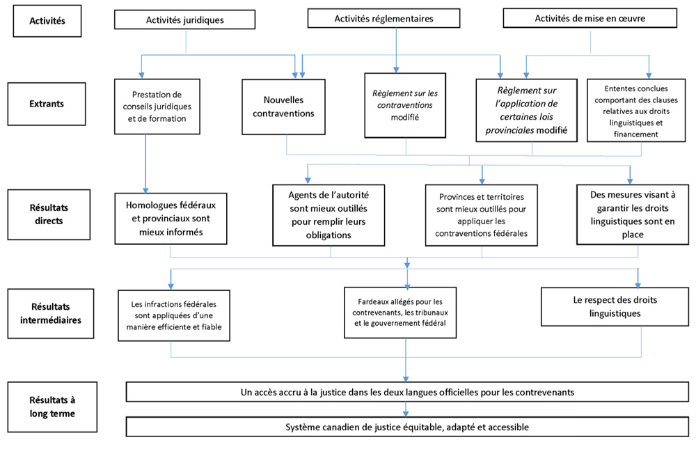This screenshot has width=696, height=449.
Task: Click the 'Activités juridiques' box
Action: click(184, 19)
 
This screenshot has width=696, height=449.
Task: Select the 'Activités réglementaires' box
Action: click(383, 19)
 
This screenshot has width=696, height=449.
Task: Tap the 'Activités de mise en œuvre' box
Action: click(590, 18)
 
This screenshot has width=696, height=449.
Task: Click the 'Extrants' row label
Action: click(47, 104)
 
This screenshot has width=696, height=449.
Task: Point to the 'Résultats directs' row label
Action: click(49, 214)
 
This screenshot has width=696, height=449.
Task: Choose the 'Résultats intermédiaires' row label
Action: click(51, 313)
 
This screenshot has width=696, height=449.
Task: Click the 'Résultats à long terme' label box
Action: click(52, 407)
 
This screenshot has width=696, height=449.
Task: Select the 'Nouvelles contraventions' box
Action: click(283, 107)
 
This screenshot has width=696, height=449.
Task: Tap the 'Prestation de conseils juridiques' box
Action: click(157, 107)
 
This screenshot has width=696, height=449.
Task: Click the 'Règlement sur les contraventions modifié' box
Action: click(405, 105)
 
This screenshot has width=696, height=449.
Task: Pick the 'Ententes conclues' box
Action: click(636, 111)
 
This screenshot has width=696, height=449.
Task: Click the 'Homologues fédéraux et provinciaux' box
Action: click(171, 219)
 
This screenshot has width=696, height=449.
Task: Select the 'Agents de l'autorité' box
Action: click(329, 215)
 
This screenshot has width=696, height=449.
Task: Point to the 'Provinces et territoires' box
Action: click(481, 215)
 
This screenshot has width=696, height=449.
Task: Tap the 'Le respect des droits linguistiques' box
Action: click(615, 306)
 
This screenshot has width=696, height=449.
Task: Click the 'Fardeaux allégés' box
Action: click(400, 313)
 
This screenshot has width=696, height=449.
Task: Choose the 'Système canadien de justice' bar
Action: click(407, 427)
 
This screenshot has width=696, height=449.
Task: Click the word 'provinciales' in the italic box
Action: click(509, 130)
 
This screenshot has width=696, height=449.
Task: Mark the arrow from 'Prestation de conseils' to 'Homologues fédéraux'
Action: click(145, 164)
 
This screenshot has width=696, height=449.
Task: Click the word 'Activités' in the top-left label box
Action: click(47, 21)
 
